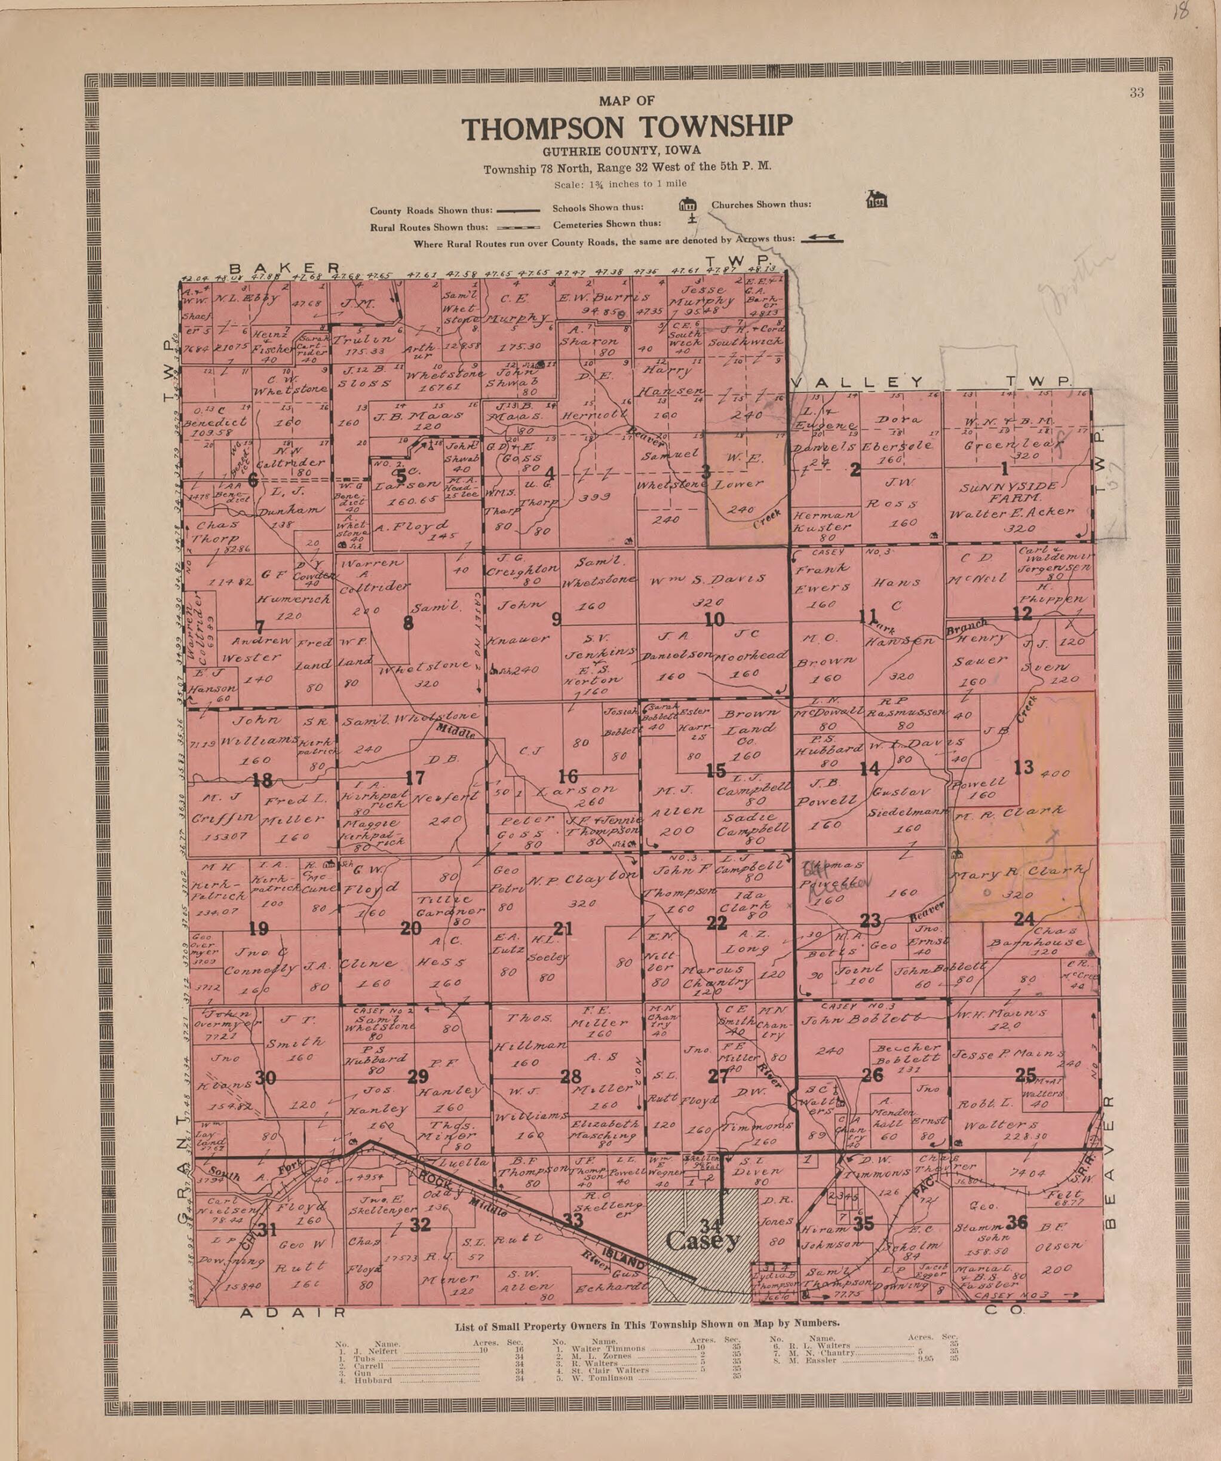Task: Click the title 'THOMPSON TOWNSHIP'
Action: point(627,128)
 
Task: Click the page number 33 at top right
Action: point(1136,93)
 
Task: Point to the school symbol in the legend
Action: point(688,204)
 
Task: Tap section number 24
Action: point(1023,919)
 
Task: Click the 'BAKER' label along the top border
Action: point(285,268)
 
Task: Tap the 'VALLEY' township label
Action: point(857,382)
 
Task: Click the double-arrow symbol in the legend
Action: point(822,238)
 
